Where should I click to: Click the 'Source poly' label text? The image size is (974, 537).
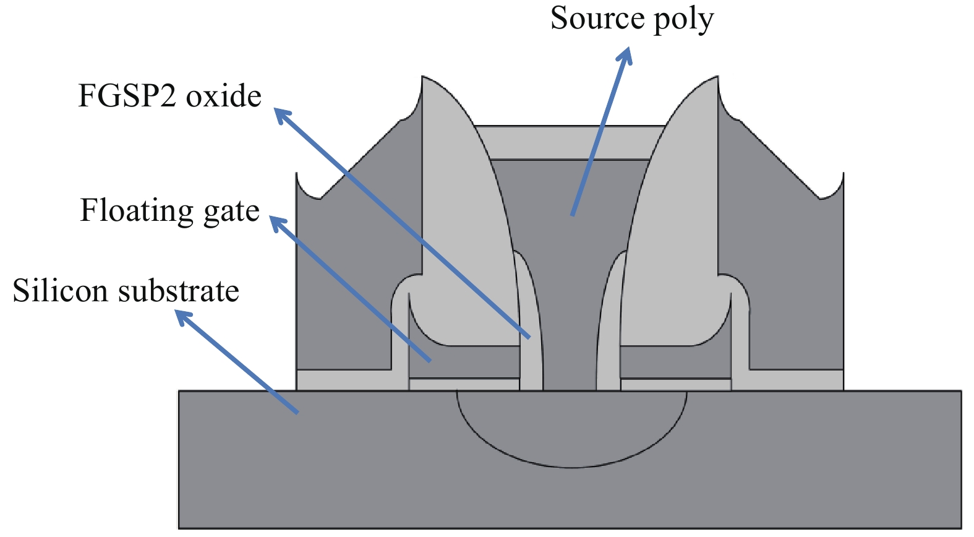click(x=631, y=19)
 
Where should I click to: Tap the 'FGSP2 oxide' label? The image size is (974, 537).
click(x=169, y=97)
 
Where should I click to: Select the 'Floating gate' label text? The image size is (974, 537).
click(x=169, y=211)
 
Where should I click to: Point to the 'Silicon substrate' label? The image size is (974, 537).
click(x=126, y=291)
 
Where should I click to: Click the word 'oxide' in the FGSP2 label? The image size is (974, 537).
click(x=224, y=97)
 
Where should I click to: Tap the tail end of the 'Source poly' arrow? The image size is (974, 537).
click(x=573, y=215)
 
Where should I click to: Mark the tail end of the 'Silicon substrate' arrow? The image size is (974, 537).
click(x=297, y=412)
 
